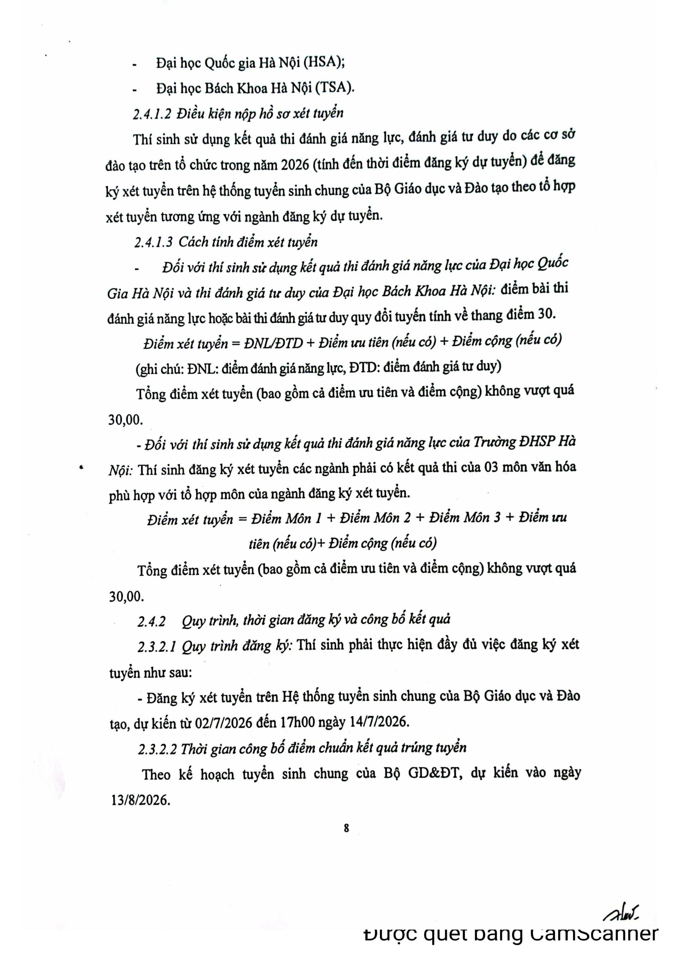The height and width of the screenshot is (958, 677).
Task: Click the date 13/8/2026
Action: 141,799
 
